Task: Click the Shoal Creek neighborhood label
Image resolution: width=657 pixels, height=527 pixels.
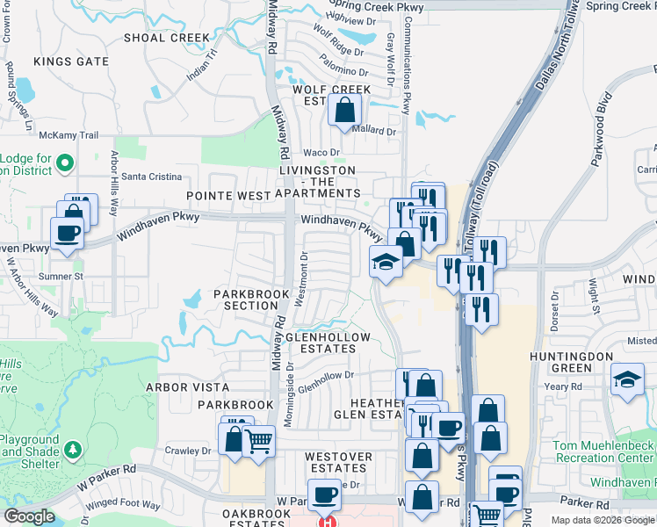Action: [x=168, y=38]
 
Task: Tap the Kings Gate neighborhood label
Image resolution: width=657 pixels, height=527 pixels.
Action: [x=71, y=61]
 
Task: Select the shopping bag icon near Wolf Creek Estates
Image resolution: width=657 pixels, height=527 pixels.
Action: [x=344, y=111]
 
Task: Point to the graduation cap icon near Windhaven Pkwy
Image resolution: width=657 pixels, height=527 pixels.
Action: [x=385, y=262]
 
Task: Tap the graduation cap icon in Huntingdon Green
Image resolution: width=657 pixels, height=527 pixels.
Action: [x=626, y=379]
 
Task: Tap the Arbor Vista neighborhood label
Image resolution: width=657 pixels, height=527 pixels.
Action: [x=187, y=387]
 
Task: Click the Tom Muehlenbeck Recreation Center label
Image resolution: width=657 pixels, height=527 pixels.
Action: [x=603, y=451]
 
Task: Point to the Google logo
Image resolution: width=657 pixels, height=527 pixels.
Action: [x=29, y=516]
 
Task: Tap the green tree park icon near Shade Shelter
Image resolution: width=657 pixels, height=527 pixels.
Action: [x=73, y=451]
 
